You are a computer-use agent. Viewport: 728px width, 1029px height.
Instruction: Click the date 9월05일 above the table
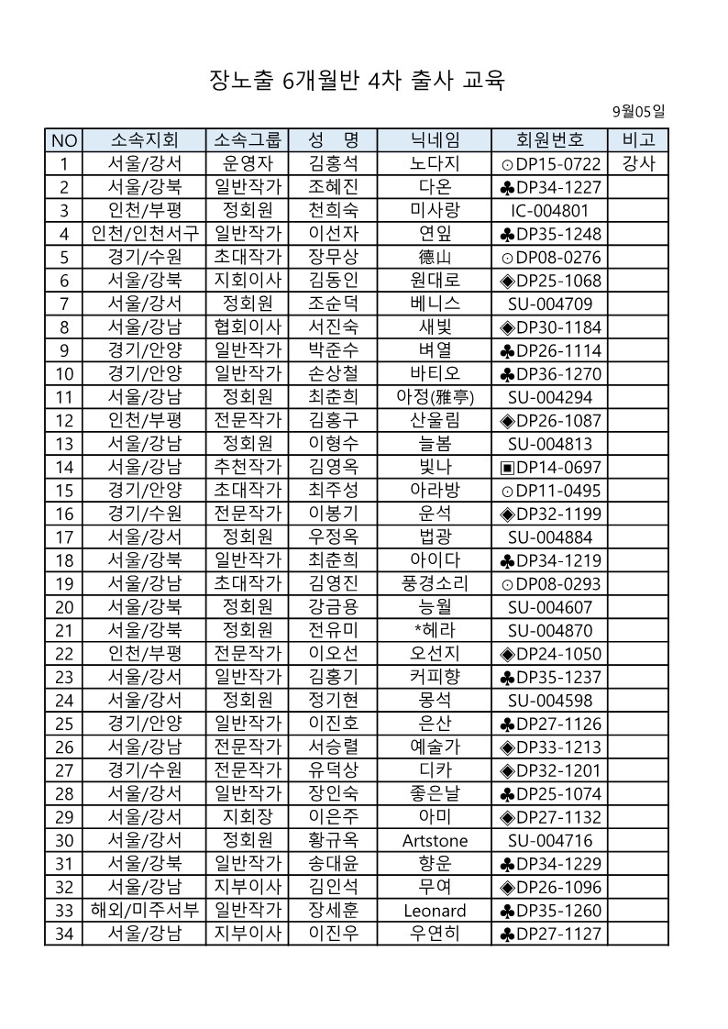(x=638, y=112)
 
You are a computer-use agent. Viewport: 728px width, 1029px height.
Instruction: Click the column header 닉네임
(x=435, y=140)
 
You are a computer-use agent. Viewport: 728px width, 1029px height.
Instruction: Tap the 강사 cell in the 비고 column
(x=638, y=164)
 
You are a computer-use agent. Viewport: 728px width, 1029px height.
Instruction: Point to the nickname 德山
(x=435, y=258)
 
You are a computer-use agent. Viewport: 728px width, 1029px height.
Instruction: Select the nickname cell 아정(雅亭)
(x=435, y=397)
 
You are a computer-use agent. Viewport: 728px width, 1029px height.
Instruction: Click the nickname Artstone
(x=435, y=841)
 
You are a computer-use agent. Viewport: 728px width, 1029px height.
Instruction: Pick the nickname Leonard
(x=435, y=911)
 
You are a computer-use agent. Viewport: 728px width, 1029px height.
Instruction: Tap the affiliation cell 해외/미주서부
(x=144, y=911)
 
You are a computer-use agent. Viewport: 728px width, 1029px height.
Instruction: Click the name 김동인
(x=332, y=281)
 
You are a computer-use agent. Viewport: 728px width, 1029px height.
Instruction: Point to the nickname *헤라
(x=435, y=630)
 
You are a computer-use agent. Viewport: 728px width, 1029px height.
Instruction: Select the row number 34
(x=63, y=935)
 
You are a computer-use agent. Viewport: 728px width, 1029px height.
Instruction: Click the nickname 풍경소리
(x=435, y=584)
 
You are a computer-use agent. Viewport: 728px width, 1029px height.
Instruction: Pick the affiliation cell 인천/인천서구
(x=144, y=234)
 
